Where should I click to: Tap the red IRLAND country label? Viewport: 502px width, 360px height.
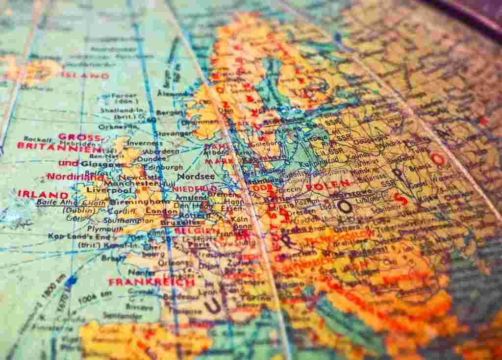click(x=43, y=194)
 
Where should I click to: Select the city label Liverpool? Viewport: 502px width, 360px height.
click(x=104, y=190)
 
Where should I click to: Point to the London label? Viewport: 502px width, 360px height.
click(x=161, y=211)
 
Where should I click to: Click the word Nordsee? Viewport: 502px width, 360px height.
click(x=196, y=177)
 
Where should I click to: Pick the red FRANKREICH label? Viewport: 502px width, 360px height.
click(x=151, y=283)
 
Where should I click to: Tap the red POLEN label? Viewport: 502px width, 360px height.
click(x=328, y=185)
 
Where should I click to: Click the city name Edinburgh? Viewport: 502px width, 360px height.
click(x=163, y=167)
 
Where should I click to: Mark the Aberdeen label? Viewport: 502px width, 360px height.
click(x=162, y=152)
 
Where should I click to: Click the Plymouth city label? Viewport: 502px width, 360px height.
click(x=105, y=229)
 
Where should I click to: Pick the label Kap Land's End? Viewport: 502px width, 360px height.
click(x=72, y=236)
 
